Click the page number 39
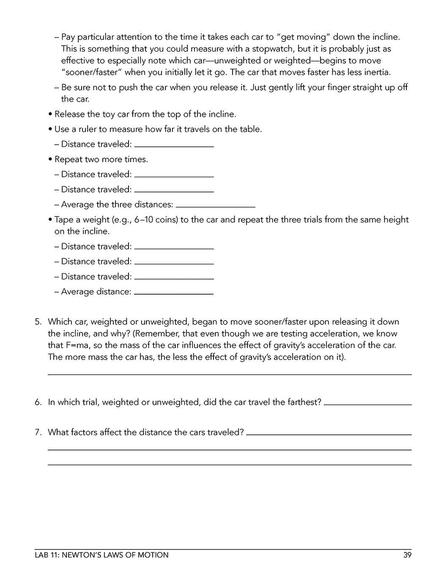[x=407, y=555]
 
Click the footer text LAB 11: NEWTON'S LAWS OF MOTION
[x=101, y=555]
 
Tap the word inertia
[x=377, y=72]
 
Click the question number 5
[x=38, y=322]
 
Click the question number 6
[x=38, y=402]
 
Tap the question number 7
[x=38, y=432]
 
